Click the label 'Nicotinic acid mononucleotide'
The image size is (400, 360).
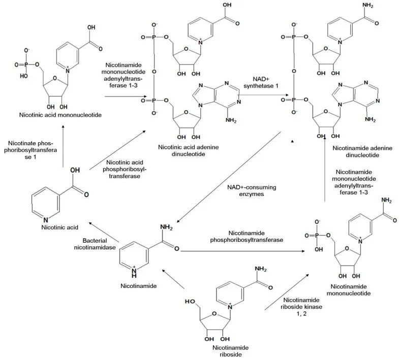[x=58, y=116]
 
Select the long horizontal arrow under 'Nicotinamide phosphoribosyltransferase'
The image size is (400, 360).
[x=244, y=250]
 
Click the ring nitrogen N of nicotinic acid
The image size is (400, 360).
[x=46, y=219]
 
